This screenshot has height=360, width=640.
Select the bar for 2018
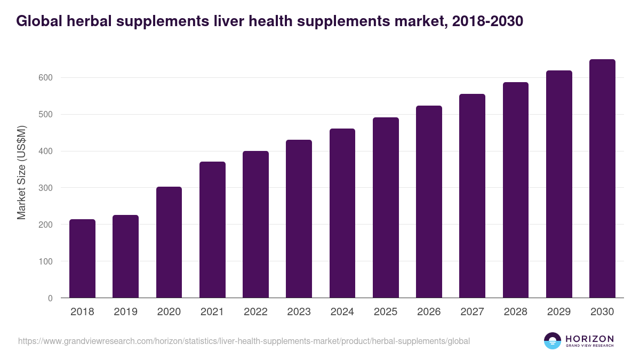pyautogui.click(x=82, y=259)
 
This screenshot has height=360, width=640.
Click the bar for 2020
pyautogui.click(x=169, y=242)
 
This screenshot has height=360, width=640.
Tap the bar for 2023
pyautogui.click(x=299, y=219)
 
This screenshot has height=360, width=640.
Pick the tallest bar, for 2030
pyautogui.click(x=602, y=179)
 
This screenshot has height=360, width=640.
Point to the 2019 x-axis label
pyautogui.click(x=125, y=312)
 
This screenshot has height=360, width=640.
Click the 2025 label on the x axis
pyautogui.click(x=386, y=312)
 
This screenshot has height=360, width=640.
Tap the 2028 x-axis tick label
pyautogui.click(x=516, y=312)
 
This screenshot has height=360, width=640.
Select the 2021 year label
pyautogui.click(x=212, y=312)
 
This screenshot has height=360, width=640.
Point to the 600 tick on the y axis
pyautogui.click(x=45, y=78)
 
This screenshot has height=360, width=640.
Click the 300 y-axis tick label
pyautogui.click(x=45, y=188)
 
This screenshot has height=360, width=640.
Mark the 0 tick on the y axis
pyautogui.click(x=50, y=298)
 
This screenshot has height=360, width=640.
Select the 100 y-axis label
pyautogui.click(x=45, y=261)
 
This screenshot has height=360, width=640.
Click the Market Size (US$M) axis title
pyautogui.click(x=21, y=173)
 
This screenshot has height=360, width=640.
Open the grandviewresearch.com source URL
pyautogui.click(x=244, y=341)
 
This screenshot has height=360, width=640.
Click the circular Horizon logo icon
pyautogui.click(x=553, y=341)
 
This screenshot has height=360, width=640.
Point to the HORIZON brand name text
pyautogui.click(x=590, y=339)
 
